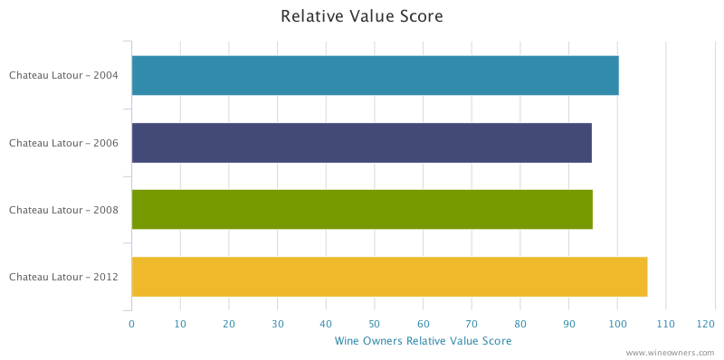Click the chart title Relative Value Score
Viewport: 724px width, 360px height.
pyautogui.click(x=361, y=16)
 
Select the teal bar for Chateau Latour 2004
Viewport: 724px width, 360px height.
pyautogui.click(x=375, y=75)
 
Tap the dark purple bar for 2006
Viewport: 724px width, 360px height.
pyautogui.click(x=361, y=143)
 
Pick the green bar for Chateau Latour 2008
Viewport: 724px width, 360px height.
pyautogui.click(x=362, y=210)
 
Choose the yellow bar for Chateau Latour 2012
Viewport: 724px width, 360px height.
pyautogui.click(x=389, y=277)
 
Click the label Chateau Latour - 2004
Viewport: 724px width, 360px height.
pyautogui.click(x=63, y=75)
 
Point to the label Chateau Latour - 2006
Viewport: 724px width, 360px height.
pyautogui.click(x=63, y=143)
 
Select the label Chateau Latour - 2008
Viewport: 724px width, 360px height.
pyautogui.click(x=63, y=210)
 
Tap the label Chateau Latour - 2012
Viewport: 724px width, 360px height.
pyautogui.click(x=63, y=277)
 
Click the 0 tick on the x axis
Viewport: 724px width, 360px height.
pyautogui.click(x=131, y=323)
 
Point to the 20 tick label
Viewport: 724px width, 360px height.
pyautogui.click(x=229, y=323)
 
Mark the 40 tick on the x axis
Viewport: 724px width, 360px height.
pyautogui.click(x=326, y=323)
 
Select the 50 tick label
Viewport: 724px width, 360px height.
pyautogui.click(x=375, y=323)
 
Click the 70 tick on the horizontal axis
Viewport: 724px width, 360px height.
pyautogui.click(x=472, y=323)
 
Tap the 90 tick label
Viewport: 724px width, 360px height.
pyautogui.click(x=569, y=323)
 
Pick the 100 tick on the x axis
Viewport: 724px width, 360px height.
pyautogui.click(x=617, y=323)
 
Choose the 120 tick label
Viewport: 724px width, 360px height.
pyautogui.click(x=707, y=323)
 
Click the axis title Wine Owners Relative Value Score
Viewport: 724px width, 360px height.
pyautogui.click(x=423, y=341)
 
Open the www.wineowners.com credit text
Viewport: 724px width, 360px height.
pyautogui.click(x=670, y=353)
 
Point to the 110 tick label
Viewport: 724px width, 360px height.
pyautogui.click(x=666, y=323)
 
